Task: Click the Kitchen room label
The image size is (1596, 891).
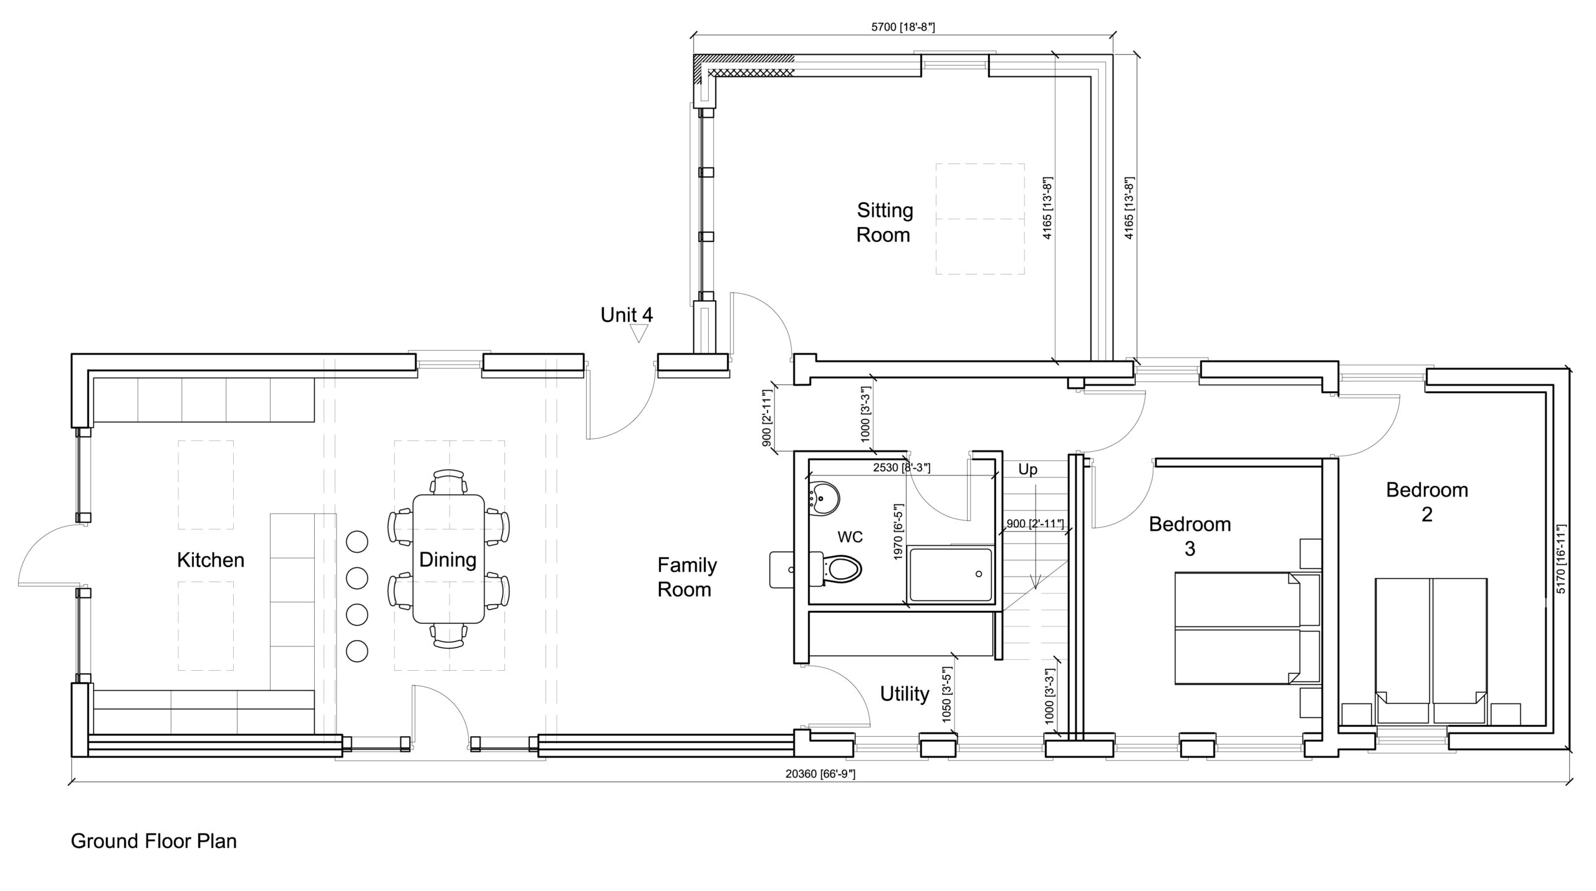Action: click(x=210, y=560)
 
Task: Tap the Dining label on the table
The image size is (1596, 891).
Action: click(x=448, y=560)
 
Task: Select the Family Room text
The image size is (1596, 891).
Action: click(x=686, y=577)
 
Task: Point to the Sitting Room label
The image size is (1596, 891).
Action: click(x=884, y=222)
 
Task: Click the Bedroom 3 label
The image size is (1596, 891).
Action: click(x=1190, y=536)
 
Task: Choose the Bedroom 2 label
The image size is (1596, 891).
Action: click(x=1426, y=502)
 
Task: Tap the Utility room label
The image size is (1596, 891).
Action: click(x=905, y=694)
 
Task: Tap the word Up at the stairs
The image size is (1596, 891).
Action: click(x=1027, y=469)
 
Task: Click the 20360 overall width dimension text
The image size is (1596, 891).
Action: click(x=820, y=774)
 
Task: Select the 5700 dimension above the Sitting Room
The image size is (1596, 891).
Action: click(x=903, y=27)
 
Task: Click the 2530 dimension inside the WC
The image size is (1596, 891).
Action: click(x=901, y=467)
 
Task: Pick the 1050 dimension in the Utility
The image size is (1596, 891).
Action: click(x=947, y=695)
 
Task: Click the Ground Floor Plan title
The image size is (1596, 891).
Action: click(x=154, y=841)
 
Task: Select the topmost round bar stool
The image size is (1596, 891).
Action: click(x=357, y=541)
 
